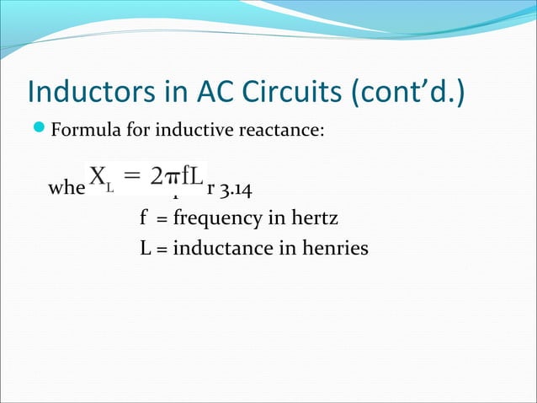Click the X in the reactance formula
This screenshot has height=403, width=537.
pos(98,177)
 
